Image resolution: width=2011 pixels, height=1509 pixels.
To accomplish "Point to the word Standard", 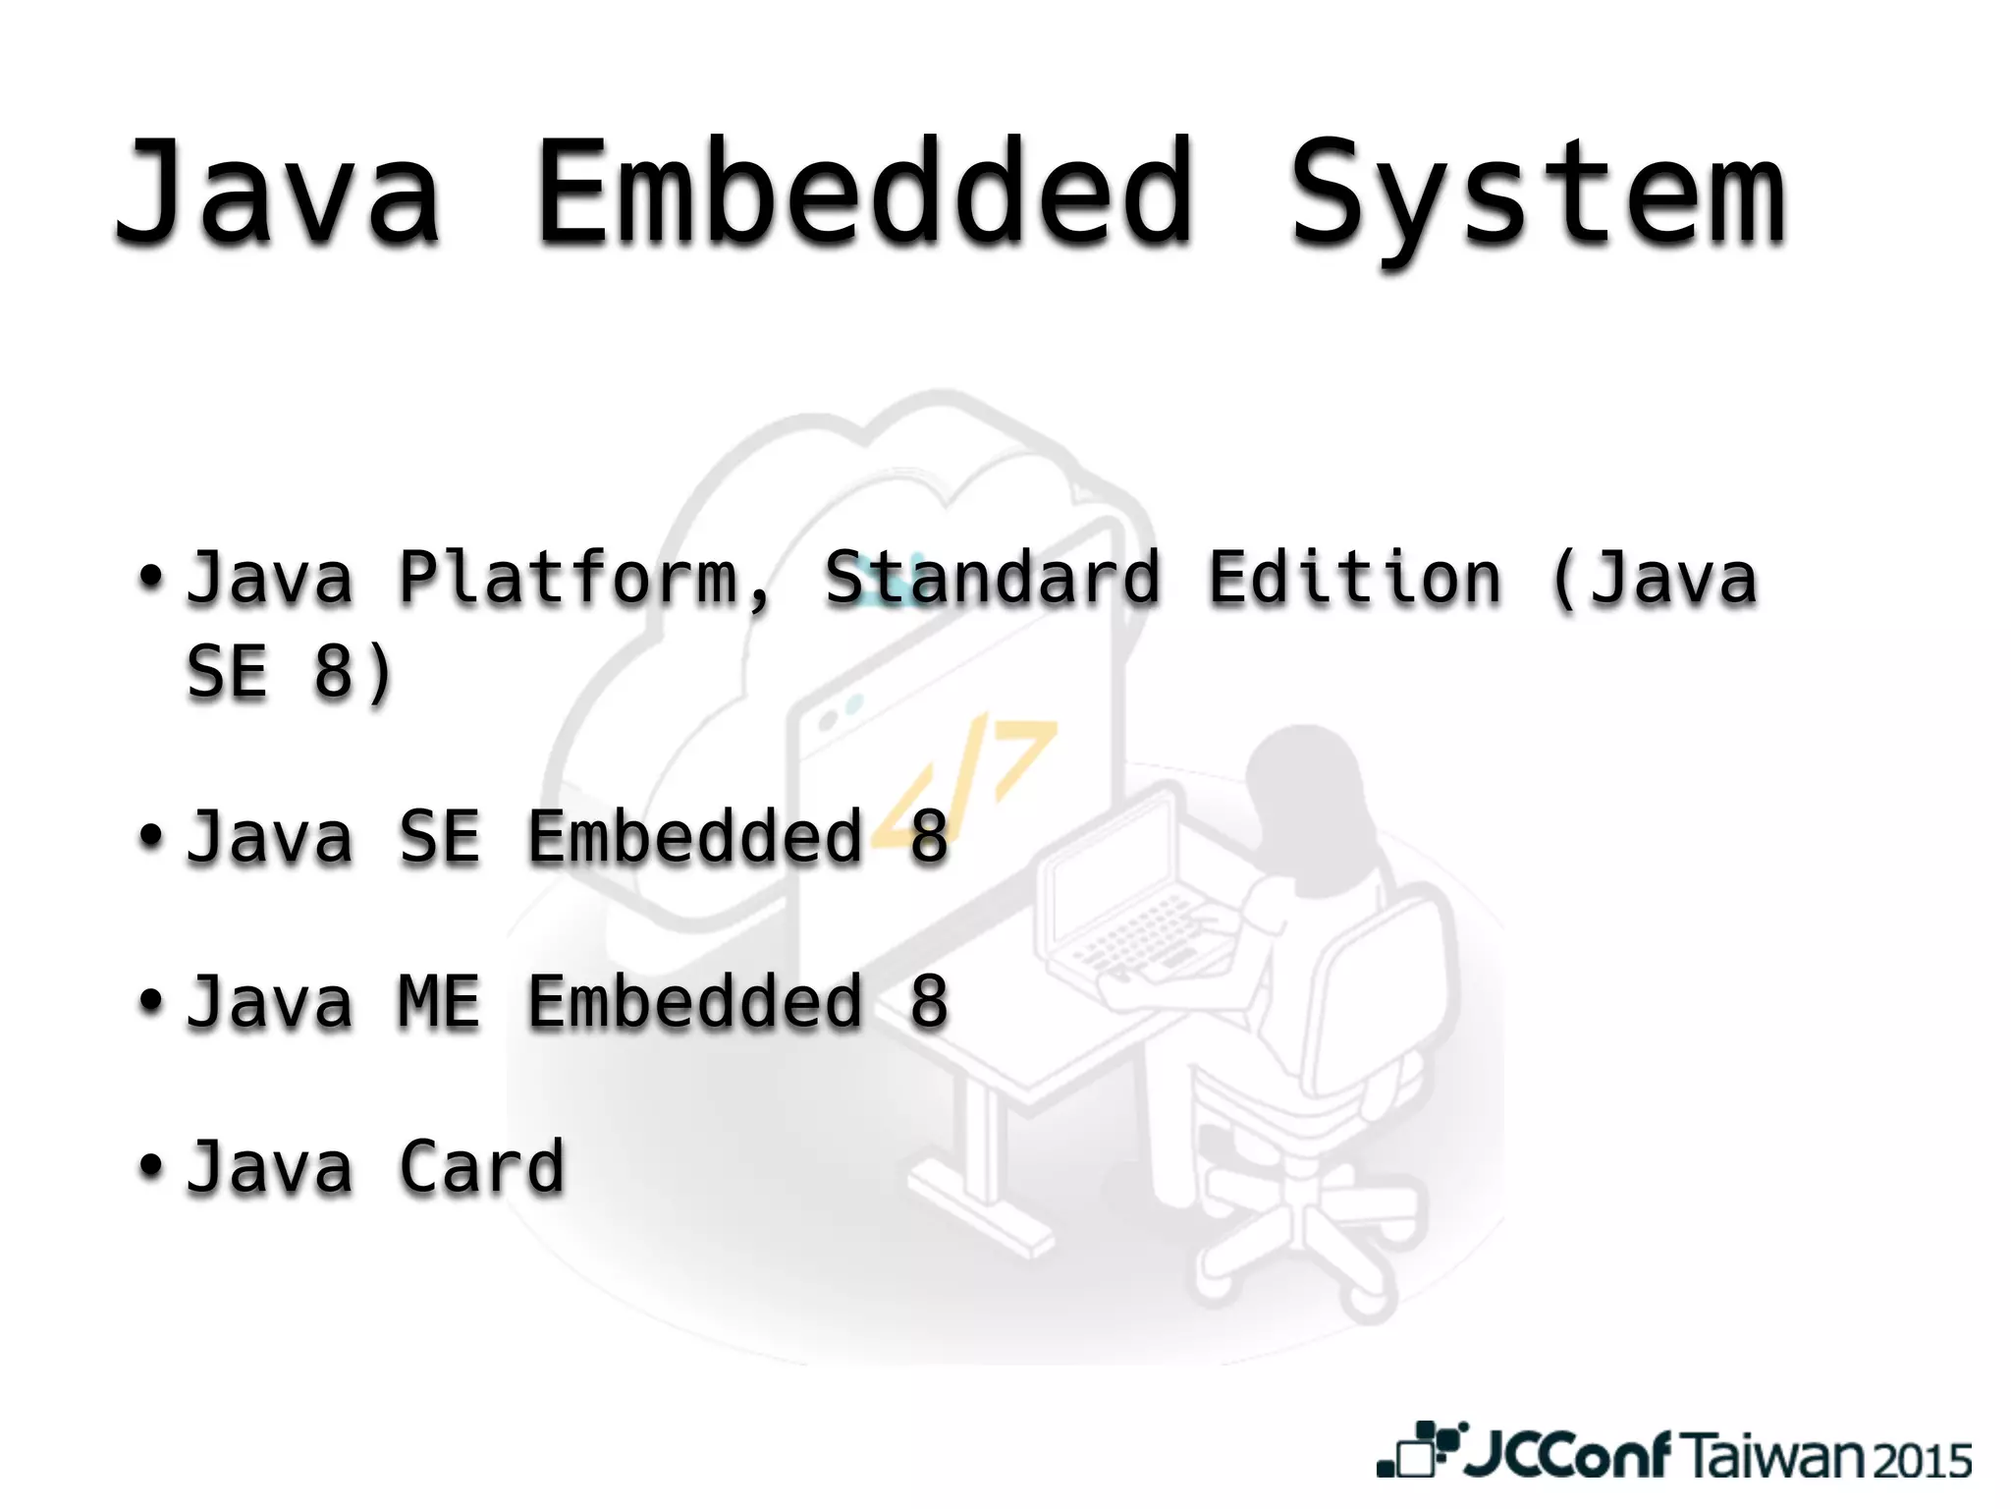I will pyautogui.click(x=992, y=578).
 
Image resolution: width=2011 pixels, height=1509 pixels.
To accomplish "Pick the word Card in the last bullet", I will pyautogui.click(x=481, y=1167).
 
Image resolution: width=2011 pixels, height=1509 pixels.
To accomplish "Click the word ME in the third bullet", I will pyautogui.click(x=439, y=1002).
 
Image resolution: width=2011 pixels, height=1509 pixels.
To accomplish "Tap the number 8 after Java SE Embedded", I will pyautogui.click(x=929, y=837).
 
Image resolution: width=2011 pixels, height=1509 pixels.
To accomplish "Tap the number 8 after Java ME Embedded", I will pyautogui.click(x=929, y=1002).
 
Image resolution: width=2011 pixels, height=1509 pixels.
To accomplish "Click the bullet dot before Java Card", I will pyautogui.click(x=150, y=1165).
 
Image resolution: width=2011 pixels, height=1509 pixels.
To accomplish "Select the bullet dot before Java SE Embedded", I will pyautogui.click(x=150, y=835).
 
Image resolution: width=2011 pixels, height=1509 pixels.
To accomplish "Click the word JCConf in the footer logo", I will pyautogui.click(x=1567, y=1455).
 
